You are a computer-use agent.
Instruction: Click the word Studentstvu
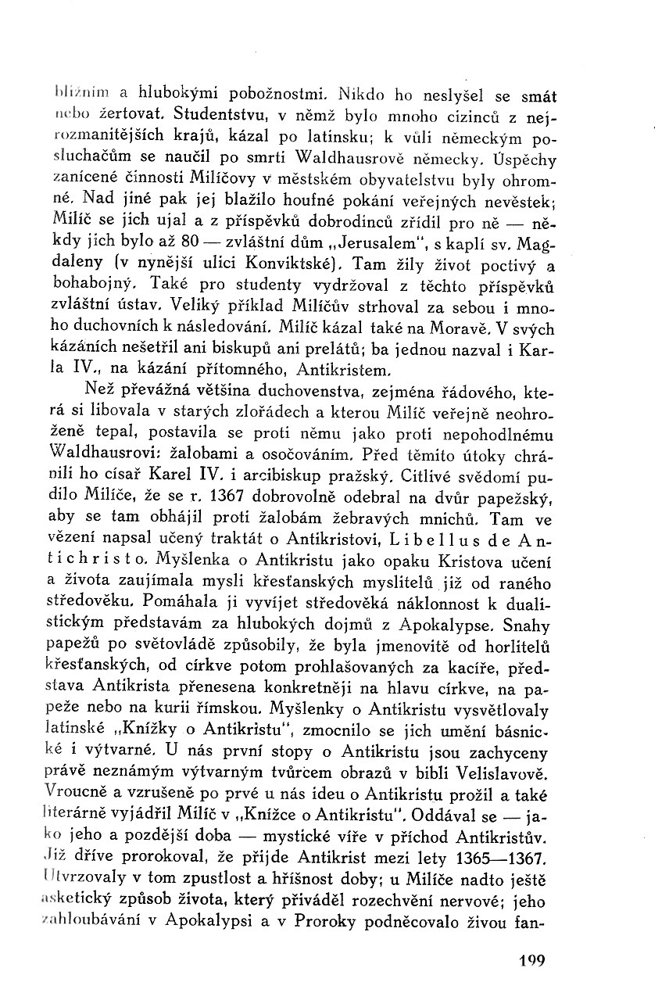point(213,118)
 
